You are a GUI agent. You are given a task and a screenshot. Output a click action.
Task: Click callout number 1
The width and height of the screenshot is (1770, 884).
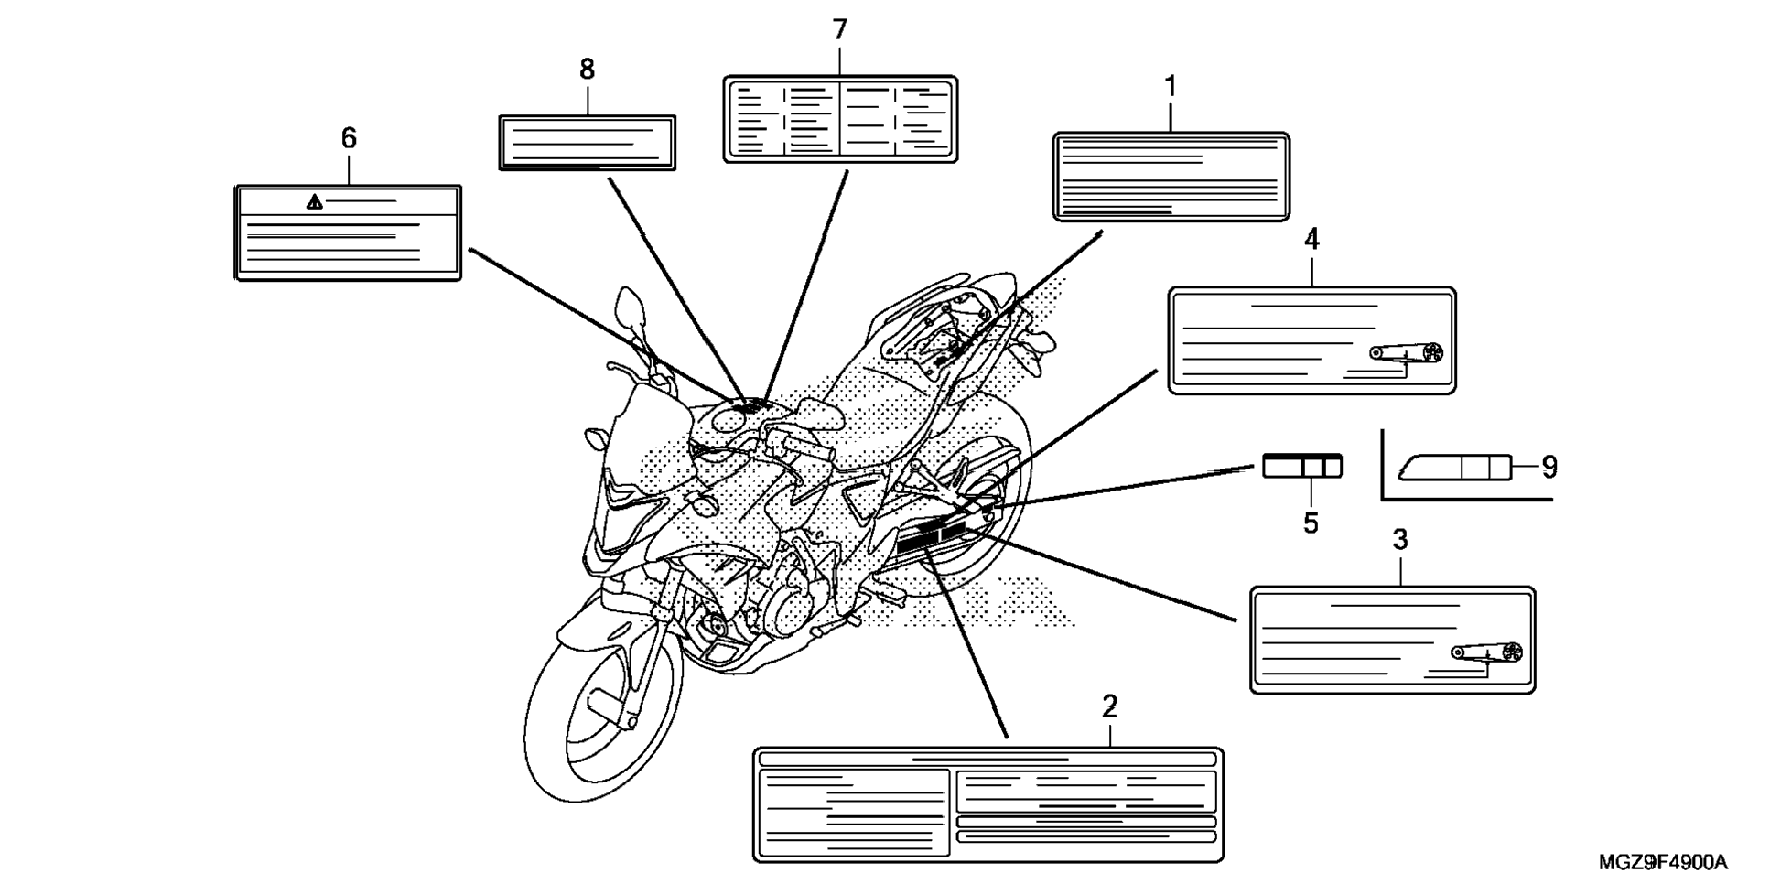click(1170, 87)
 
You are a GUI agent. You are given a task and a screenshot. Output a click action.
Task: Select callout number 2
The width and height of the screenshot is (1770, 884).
click(1109, 706)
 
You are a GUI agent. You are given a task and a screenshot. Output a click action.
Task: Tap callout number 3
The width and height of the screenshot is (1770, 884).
click(1399, 541)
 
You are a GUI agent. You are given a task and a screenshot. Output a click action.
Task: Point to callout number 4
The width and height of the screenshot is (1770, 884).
click(1311, 240)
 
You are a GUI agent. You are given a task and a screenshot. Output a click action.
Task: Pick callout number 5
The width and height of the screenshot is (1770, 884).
click(1311, 523)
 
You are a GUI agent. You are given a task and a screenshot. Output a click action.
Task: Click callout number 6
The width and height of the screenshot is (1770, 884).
click(349, 138)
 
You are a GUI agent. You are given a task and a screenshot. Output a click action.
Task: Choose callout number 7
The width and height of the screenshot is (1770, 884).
click(839, 30)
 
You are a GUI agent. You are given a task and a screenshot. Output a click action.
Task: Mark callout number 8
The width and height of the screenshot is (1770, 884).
click(587, 70)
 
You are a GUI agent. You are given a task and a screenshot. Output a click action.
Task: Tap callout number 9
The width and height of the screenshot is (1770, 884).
click(1549, 468)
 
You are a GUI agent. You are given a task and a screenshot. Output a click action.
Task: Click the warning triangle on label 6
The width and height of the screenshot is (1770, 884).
click(315, 202)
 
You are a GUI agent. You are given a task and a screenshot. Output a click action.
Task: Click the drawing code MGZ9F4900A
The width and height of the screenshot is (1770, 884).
click(1663, 862)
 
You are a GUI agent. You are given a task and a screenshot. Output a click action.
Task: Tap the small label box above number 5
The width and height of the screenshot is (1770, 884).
click(1302, 467)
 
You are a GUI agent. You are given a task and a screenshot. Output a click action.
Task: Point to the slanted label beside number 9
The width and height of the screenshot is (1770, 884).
click(1455, 467)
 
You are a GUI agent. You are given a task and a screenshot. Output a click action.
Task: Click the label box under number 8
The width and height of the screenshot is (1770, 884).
click(587, 143)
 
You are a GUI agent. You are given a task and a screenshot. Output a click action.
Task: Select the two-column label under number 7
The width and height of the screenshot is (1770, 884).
click(840, 120)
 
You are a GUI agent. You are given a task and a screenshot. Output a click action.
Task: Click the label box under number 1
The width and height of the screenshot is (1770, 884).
click(1171, 177)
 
